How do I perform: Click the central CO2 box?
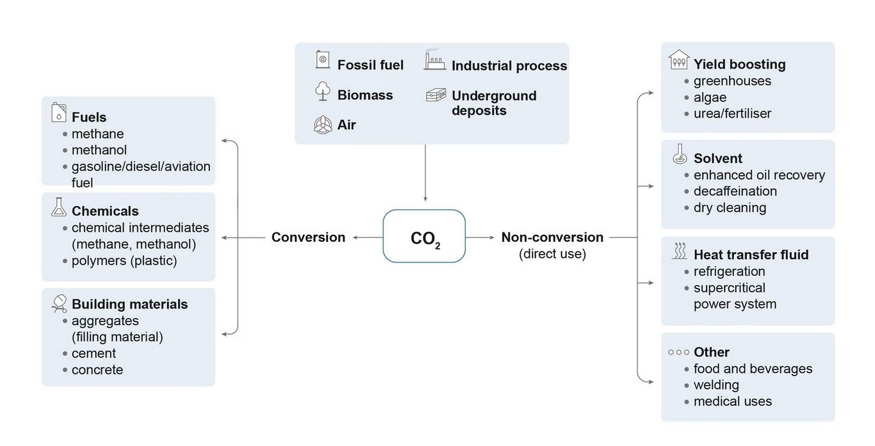[x=424, y=236]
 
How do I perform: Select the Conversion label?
[x=308, y=237]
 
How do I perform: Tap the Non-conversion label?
[x=552, y=237]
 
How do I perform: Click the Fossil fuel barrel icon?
[x=323, y=61]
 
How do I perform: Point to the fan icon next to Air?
[x=323, y=124]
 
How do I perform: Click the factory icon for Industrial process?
[x=434, y=61]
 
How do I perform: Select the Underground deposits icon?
[x=436, y=95]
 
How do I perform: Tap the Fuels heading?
[x=89, y=117]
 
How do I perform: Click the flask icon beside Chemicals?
[x=59, y=207]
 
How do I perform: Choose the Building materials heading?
[x=129, y=304]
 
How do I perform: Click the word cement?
[x=94, y=353]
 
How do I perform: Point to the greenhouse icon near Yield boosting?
[x=679, y=60]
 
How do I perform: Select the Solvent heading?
[x=717, y=158]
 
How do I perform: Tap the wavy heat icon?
[x=679, y=251]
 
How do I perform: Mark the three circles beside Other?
[x=678, y=352]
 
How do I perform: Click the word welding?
[x=716, y=385]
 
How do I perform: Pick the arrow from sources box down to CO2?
[x=425, y=173]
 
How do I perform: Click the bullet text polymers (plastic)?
[x=124, y=260]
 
